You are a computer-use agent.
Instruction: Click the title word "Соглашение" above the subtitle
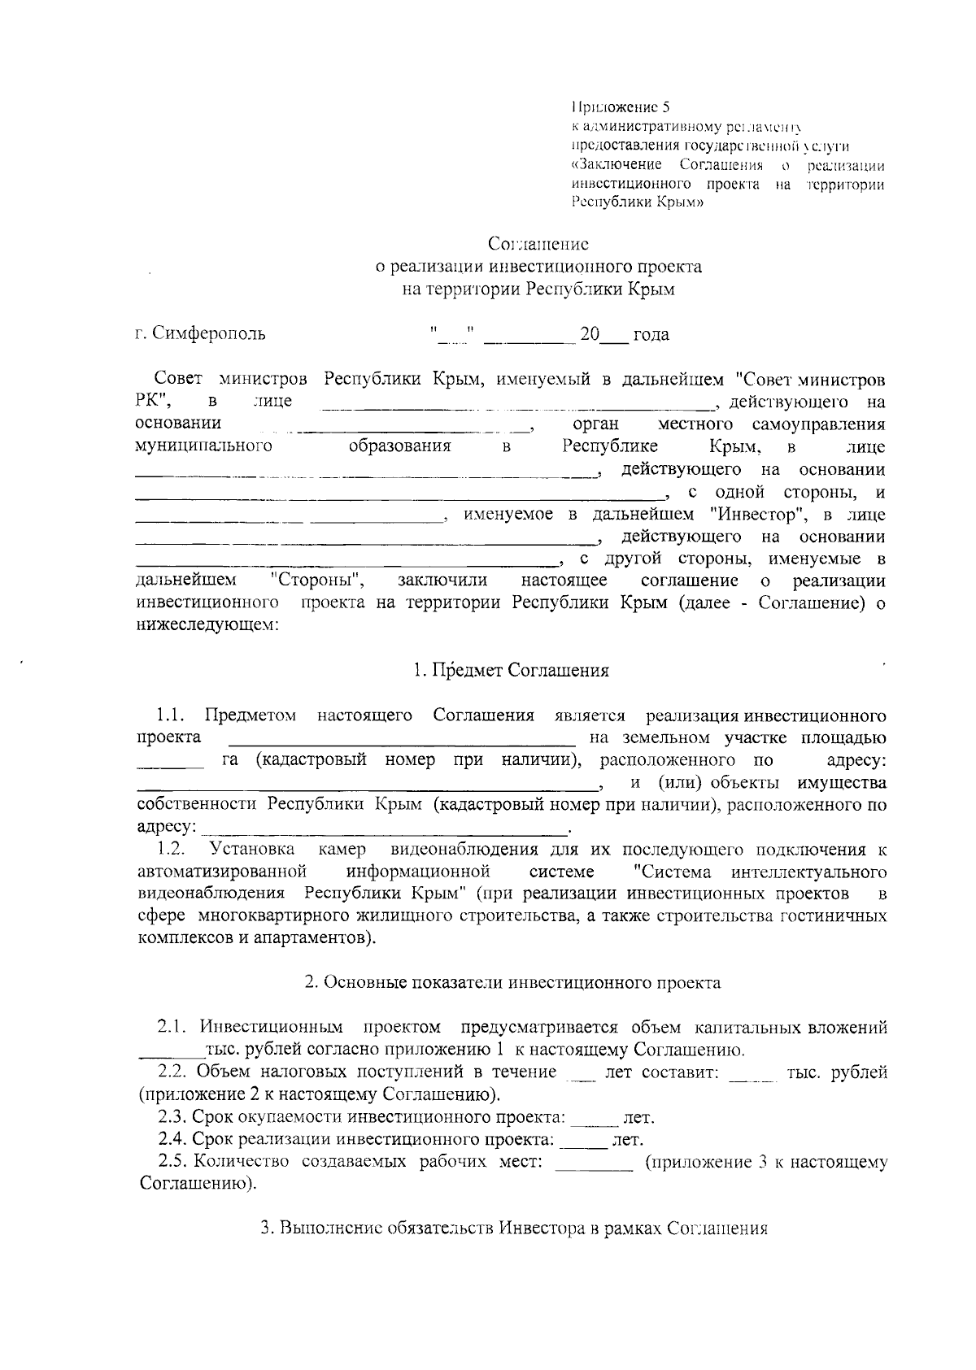(538, 244)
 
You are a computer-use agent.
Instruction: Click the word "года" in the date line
(651, 334)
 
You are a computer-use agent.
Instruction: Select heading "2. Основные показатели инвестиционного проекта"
(512, 982)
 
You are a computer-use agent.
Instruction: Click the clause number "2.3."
(173, 1116)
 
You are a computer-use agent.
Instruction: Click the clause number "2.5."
(173, 1161)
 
